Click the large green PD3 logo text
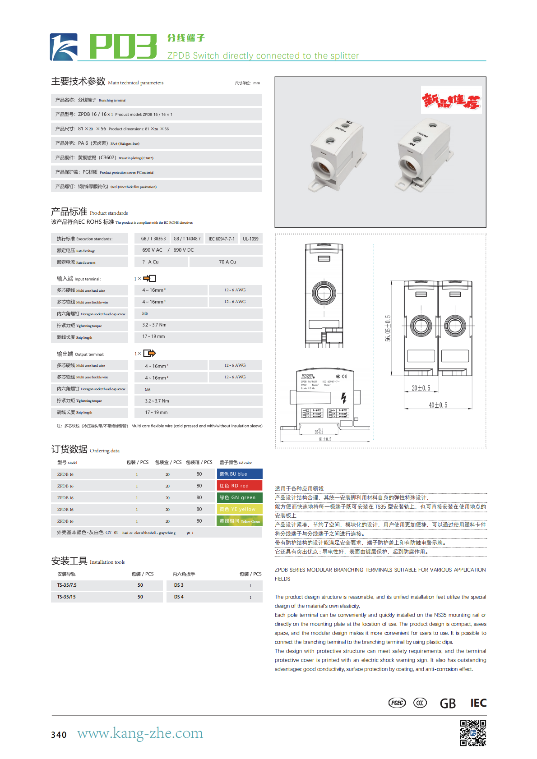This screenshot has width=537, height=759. click(x=123, y=46)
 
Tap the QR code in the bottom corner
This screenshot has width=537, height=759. click(x=473, y=733)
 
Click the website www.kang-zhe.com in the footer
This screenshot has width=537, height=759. click(x=140, y=733)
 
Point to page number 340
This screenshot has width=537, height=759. click(x=59, y=735)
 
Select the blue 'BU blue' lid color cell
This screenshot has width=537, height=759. click(x=239, y=474)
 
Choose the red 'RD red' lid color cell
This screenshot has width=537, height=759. click(x=239, y=486)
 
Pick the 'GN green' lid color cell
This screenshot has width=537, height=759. click(x=239, y=497)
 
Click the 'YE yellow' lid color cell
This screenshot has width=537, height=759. click(x=239, y=509)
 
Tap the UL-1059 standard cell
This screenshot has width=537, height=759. click(x=250, y=239)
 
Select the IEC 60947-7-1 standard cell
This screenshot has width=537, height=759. click(x=222, y=239)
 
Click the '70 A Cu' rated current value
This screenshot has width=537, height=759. click(x=227, y=262)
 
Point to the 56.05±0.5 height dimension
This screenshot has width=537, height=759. click(x=388, y=328)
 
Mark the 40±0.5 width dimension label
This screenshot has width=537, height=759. click(x=438, y=405)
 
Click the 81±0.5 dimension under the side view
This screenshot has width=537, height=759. click(x=325, y=439)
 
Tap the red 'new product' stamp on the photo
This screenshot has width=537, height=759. click(x=451, y=100)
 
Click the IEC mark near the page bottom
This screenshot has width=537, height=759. click(x=478, y=703)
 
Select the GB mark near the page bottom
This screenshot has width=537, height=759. click(x=448, y=704)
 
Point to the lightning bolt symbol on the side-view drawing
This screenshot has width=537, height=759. click(x=343, y=397)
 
